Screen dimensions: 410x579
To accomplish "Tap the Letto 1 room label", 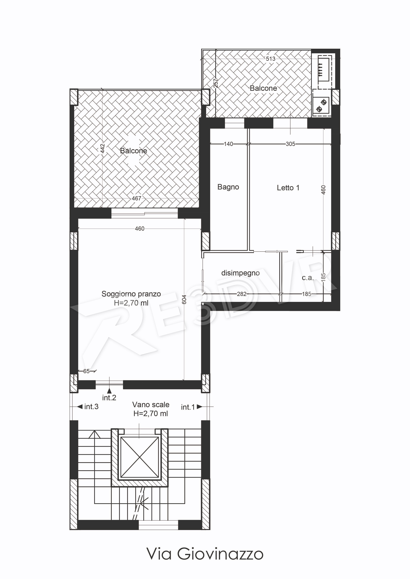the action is click(288, 188).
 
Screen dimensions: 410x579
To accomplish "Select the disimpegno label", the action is click(240, 273).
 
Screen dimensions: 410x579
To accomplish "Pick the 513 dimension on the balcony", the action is click(271, 59).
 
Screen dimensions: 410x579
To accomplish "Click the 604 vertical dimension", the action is click(184, 299).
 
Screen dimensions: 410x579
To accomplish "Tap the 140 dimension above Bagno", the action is click(228, 144).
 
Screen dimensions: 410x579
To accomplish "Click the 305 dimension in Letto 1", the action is click(290, 144).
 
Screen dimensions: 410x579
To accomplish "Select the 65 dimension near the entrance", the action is click(86, 371).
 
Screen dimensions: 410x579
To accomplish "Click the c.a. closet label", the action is click(308, 278).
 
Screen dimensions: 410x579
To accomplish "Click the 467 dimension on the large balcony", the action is click(136, 198).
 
